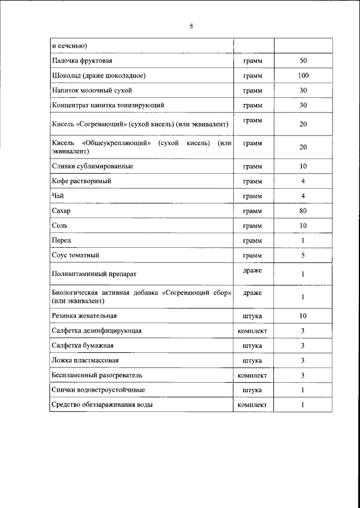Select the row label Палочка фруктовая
[x=83, y=60]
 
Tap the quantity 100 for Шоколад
[x=303, y=75]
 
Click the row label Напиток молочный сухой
[x=91, y=90]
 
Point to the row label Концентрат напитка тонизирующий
[x=108, y=105]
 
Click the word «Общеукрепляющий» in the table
[x=117, y=143]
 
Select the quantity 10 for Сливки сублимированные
[x=303, y=166]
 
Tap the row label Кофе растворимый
[x=81, y=182]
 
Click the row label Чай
[x=57, y=196]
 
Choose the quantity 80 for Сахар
[x=303, y=211]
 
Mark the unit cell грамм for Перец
[x=253, y=241]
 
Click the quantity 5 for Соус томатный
[x=303, y=255]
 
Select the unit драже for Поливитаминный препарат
[x=252, y=271]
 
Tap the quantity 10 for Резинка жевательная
[x=303, y=316]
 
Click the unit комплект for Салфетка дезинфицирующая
[x=253, y=330]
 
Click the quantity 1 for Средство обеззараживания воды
[x=303, y=405]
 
